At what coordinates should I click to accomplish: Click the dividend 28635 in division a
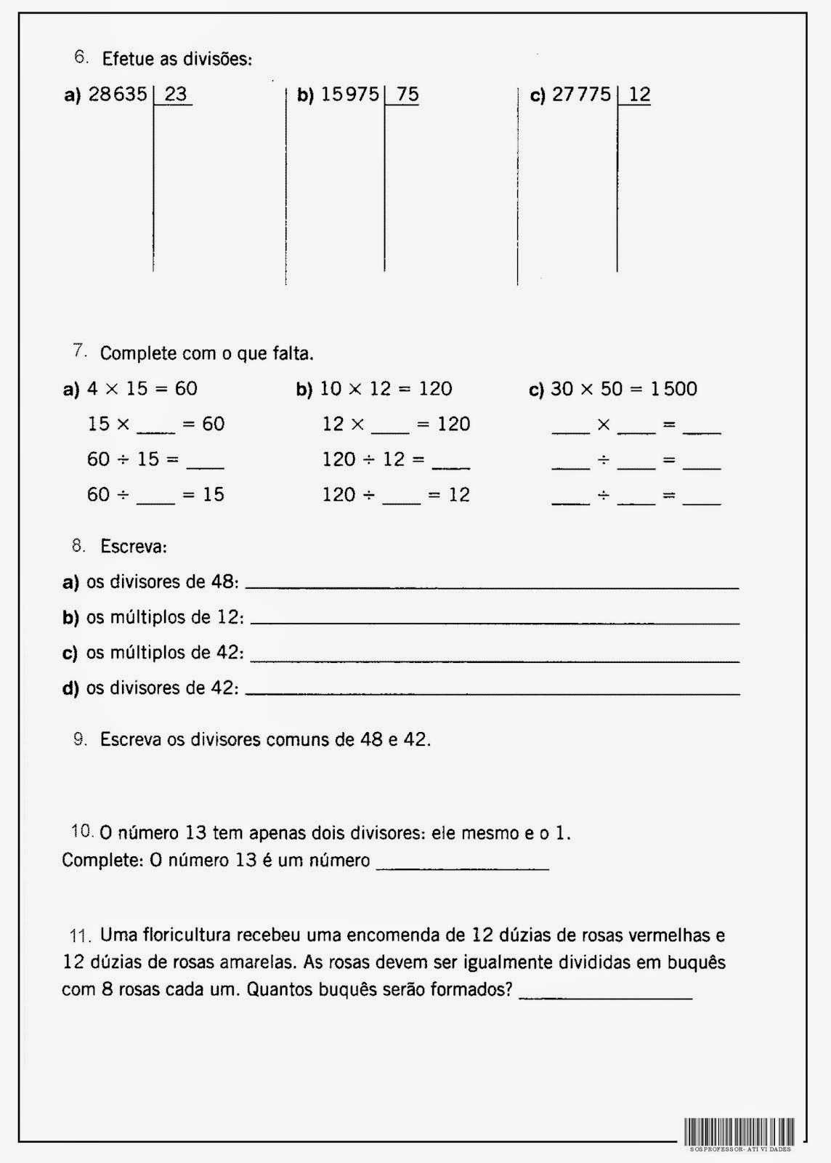(118, 94)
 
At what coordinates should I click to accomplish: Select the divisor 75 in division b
(407, 94)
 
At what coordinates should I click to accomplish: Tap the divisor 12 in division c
(639, 94)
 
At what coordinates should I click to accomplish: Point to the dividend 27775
(581, 94)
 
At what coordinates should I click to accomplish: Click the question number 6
(81, 56)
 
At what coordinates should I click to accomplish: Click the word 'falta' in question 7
(293, 354)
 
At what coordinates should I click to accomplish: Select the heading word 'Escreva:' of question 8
(134, 547)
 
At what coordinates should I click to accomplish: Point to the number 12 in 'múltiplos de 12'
(228, 617)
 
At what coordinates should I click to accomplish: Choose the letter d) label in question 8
(70, 688)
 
